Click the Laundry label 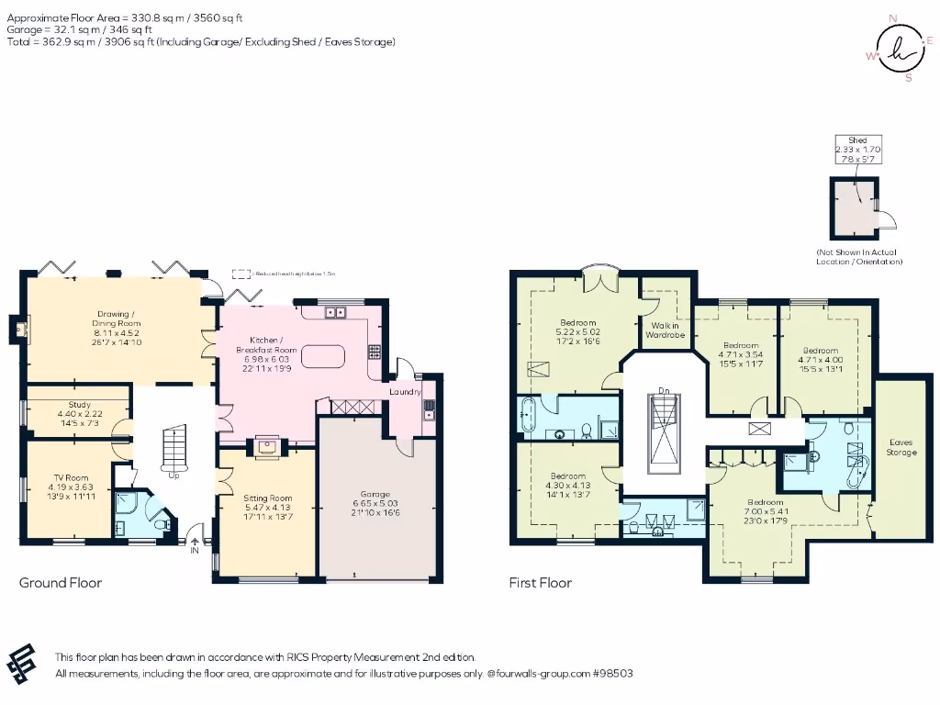[x=404, y=392]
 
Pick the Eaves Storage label [x=901, y=447]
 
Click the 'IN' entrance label [x=195, y=551]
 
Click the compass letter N [x=894, y=17]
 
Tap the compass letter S [x=909, y=78]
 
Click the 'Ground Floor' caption [x=61, y=583]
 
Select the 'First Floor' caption [x=541, y=583]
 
